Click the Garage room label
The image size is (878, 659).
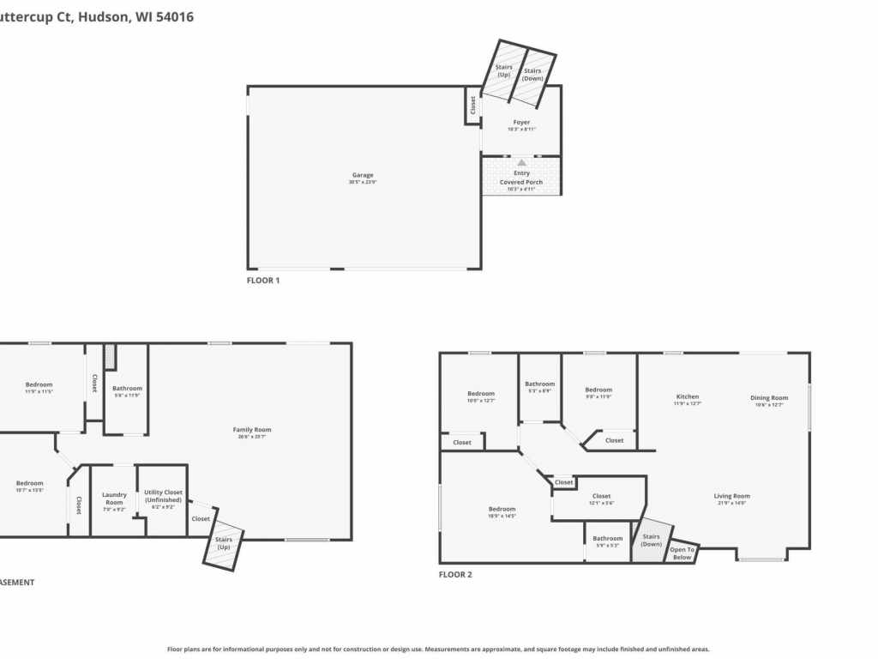coord(363,175)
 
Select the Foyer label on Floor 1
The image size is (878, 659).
coord(521,123)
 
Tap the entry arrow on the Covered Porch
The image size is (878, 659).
coord(521,161)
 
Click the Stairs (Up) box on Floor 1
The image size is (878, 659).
coord(503,70)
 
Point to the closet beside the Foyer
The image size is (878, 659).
coord(472,105)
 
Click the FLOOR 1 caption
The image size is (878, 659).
coord(263,281)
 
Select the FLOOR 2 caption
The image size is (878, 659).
coord(455,575)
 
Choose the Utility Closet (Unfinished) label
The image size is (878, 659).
coord(162,496)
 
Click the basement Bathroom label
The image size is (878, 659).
coord(127,389)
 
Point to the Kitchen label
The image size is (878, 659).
coord(688,397)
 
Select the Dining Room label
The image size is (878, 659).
coord(768,398)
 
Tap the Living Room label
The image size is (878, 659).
coord(731,496)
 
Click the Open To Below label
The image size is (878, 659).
coord(682,553)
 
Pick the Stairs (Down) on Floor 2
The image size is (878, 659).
coord(651,541)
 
